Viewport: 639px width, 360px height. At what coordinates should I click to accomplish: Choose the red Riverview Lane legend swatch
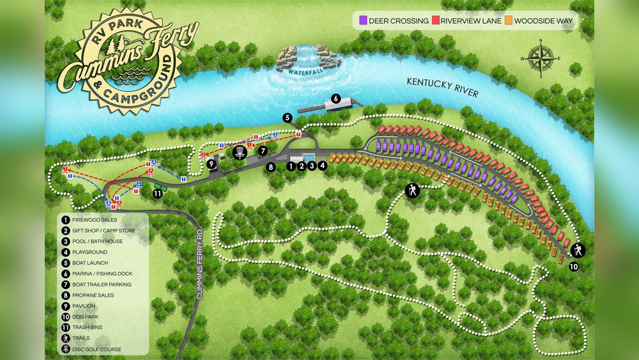coord(436,21)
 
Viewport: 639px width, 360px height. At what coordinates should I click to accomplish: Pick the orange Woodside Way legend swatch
coord(509,21)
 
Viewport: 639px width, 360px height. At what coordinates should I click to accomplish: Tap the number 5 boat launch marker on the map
coord(288,118)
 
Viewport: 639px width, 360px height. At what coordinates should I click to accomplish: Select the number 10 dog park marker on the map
coord(573,266)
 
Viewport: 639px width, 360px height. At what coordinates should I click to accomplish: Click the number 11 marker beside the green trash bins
coord(157,193)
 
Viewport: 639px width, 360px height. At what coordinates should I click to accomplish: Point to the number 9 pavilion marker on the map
coord(210,164)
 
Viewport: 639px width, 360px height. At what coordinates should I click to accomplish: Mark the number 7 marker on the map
coord(262,151)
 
